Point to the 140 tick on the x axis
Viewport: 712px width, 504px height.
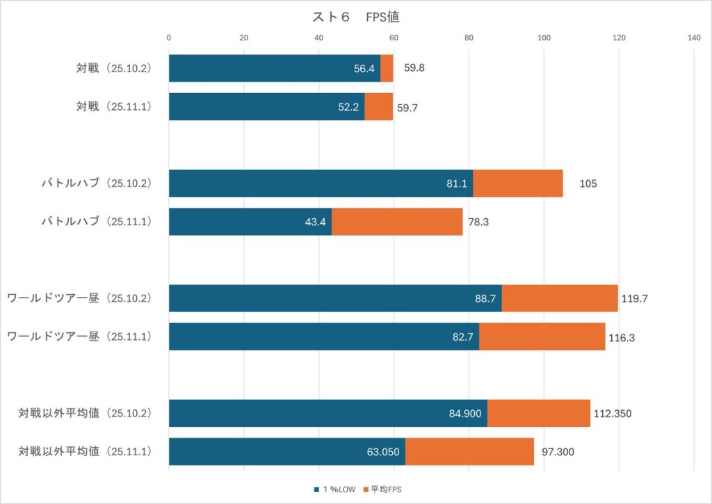pos(693,38)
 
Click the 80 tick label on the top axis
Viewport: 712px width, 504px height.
pos(469,38)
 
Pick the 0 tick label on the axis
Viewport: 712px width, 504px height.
pos(169,38)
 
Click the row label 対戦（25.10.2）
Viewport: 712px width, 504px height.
pos(114,68)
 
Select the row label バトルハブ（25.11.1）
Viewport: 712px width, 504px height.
pos(95,221)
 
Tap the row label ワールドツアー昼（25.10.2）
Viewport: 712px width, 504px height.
pos(79,298)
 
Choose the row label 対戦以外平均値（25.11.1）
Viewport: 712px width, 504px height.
pos(85,451)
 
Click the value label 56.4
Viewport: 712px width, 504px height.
pos(364,69)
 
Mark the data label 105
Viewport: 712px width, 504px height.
pos(588,184)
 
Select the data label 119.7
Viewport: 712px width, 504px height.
pos(636,298)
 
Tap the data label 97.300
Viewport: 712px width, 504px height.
pos(556,452)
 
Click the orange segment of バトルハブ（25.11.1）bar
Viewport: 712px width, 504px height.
pos(397,222)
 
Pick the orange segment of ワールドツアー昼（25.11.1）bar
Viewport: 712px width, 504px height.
pos(542,336)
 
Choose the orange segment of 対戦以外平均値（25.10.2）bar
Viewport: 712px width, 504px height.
pos(538,413)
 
